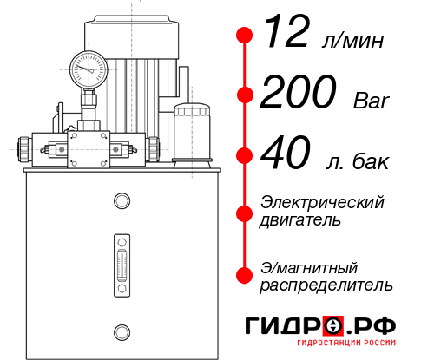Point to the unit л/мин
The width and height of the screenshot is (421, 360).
(x=353, y=42)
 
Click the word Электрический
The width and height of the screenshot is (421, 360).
(x=322, y=202)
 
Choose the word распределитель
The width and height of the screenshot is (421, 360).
(x=326, y=285)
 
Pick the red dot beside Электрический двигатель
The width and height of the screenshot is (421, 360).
(x=245, y=212)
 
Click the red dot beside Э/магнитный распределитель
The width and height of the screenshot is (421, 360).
(x=245, y=276)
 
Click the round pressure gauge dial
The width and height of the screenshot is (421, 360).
(x=87, y=66)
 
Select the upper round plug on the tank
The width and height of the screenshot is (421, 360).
(x=122, y=201)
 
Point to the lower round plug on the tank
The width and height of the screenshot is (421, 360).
(x=122, y=330)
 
